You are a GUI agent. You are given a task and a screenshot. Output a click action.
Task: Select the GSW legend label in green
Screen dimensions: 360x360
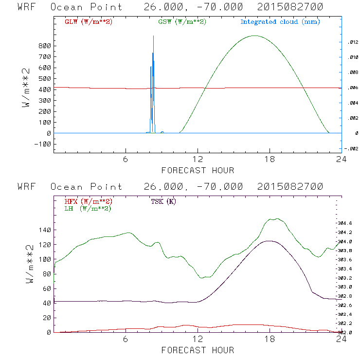click(182, 22)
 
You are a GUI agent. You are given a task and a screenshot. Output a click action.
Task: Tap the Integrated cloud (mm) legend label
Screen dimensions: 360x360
click(280, 22)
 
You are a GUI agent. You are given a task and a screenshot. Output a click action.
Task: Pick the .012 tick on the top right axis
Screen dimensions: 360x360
click(353, 43)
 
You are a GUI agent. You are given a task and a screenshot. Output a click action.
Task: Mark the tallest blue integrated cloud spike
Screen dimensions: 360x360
click(153, 36)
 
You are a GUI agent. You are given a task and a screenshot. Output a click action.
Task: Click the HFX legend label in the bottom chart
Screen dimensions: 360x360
click(89, 201)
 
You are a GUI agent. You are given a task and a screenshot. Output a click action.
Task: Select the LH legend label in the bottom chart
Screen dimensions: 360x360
click(88, 208)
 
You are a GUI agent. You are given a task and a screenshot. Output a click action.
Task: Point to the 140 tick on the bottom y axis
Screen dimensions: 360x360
click(44, 230)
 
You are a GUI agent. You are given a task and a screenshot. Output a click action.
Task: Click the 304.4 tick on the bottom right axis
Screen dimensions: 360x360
click(352, 223)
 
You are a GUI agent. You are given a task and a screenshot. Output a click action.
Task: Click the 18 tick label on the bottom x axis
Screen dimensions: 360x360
click(270, 341)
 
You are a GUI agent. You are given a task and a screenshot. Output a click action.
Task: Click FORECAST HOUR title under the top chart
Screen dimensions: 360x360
click(198, 170)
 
